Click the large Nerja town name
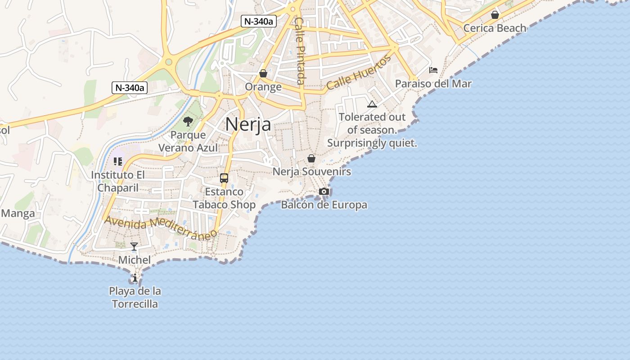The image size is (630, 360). [x=248, y=124]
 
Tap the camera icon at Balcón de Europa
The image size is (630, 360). [x=324, y=192]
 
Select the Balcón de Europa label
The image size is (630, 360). [x=324, y=205]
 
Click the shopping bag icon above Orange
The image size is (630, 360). [x=263, y=73]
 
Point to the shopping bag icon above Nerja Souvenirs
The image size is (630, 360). [x=311, y=158]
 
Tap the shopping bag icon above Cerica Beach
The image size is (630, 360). [x=495, y=15]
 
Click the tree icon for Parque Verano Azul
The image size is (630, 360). [x=188, y=121]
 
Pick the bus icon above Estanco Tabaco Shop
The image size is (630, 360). [x=224, y=178]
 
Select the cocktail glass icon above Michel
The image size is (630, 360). [x=134, y=247]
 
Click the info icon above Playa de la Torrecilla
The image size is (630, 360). [x=134, y=278]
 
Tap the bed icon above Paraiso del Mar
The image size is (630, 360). [x=433, y=70]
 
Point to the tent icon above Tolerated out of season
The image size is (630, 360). [x=372, y=104]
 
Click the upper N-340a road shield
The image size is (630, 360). [x=258, y=21]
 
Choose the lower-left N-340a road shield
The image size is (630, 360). [x=130, y=88]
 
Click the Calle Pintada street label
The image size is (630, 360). [x=300, y=51]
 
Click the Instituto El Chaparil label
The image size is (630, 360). [x=118, y=181]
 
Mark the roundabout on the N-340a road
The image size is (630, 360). [x=168, y=62]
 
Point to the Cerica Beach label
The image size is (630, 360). [x=495, y=28]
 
